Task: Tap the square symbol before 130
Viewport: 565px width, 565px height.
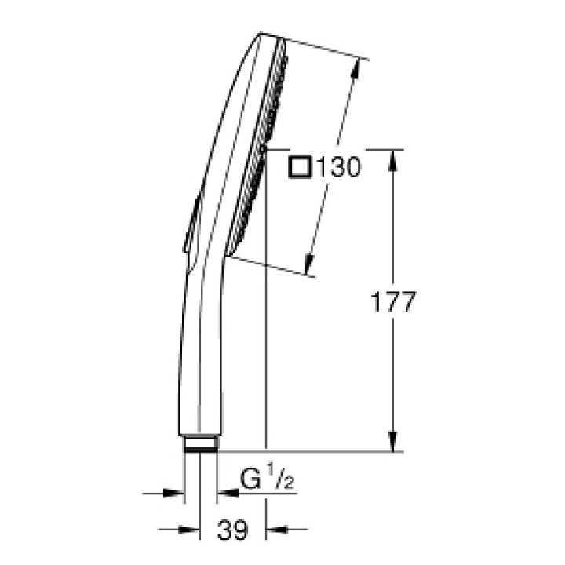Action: tap(300, 166)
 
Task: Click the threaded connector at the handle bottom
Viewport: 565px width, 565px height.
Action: tap(201, 446)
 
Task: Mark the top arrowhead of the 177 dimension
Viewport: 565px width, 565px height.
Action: tap(393, 157)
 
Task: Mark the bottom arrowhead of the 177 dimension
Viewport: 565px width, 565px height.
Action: tap(393, 443)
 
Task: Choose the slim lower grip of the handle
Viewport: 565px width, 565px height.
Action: tap(199, 369)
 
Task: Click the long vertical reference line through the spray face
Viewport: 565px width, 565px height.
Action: tap(267, 330)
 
